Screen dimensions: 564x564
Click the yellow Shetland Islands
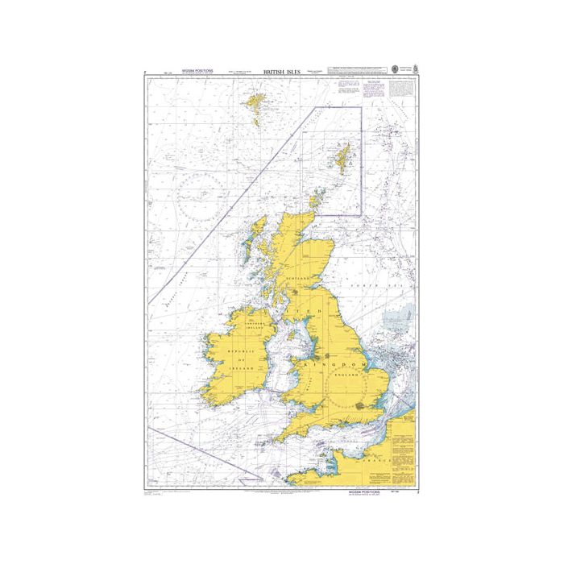click(343, 156)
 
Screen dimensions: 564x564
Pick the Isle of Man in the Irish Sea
click(288, 344)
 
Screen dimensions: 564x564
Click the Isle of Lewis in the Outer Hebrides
click(257, 230)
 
